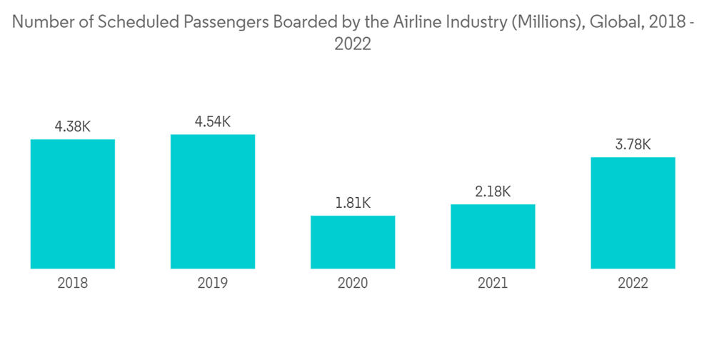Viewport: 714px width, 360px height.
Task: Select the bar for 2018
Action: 73,204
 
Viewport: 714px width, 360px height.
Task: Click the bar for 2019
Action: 213,201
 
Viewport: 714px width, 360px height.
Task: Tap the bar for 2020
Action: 353,242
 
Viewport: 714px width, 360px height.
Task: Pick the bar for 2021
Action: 493,236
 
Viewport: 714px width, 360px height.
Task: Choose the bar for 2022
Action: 633,213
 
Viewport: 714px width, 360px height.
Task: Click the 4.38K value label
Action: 73,126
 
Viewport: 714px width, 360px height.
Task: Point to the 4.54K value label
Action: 213,121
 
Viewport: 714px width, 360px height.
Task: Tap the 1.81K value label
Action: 353,203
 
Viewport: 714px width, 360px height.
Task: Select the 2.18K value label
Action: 493,191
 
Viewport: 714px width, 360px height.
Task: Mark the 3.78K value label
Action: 633,144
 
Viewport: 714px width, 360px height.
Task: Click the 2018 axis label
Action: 73,284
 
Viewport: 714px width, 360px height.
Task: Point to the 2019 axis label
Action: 213,284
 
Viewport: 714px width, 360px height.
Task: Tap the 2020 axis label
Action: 353,284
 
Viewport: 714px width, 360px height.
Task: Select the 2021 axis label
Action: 493,284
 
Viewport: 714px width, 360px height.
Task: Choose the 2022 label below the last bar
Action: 633,284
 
